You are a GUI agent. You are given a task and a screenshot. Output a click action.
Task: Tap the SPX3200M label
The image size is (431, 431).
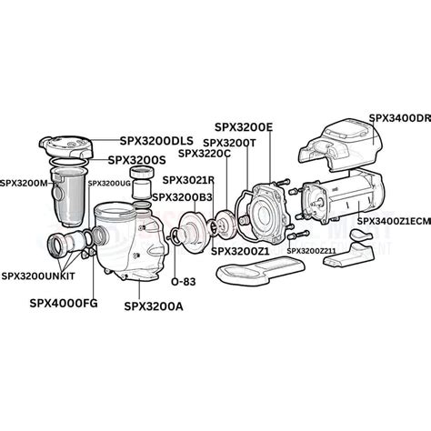coord(25,183)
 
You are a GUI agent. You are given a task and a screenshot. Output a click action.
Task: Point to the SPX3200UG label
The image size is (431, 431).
coord(109,183)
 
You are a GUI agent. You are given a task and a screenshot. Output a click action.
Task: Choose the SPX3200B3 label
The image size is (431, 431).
coord(182,196)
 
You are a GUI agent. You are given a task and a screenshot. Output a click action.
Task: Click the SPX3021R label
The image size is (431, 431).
coord(188,180)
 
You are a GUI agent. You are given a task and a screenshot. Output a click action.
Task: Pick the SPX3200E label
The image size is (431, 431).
coord(246,127)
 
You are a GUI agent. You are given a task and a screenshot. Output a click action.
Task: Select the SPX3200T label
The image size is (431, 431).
coord(233,143)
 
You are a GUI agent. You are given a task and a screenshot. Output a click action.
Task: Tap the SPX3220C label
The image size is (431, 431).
coord(227,155)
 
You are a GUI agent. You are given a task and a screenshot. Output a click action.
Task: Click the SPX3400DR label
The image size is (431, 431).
coord(399,118)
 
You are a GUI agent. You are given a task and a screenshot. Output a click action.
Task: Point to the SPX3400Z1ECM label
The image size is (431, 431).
coord(393,221)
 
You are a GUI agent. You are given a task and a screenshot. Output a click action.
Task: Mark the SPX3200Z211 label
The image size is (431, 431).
coord(312,250)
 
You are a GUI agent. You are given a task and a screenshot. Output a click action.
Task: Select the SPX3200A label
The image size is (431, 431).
coord(154,306)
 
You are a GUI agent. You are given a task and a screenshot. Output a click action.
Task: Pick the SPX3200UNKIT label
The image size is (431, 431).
coord(39,275)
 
